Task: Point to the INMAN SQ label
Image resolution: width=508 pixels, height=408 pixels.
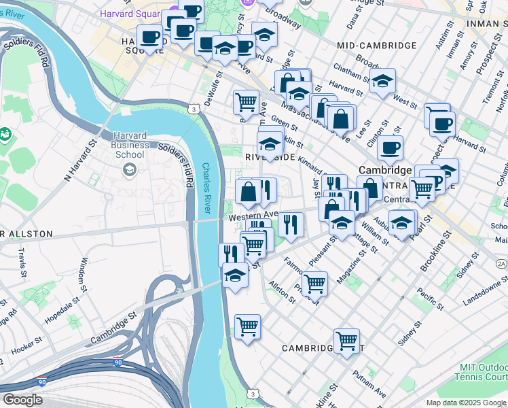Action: pos(488,22)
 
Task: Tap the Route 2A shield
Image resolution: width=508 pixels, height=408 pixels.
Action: pos(501,263)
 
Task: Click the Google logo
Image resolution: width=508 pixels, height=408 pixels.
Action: pos(22,400)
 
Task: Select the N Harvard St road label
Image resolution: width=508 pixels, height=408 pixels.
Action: pos(79,162)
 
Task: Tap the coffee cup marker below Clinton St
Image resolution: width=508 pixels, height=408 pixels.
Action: pos(390,148)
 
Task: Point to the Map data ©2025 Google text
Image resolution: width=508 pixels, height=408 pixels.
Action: pos(466,403)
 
